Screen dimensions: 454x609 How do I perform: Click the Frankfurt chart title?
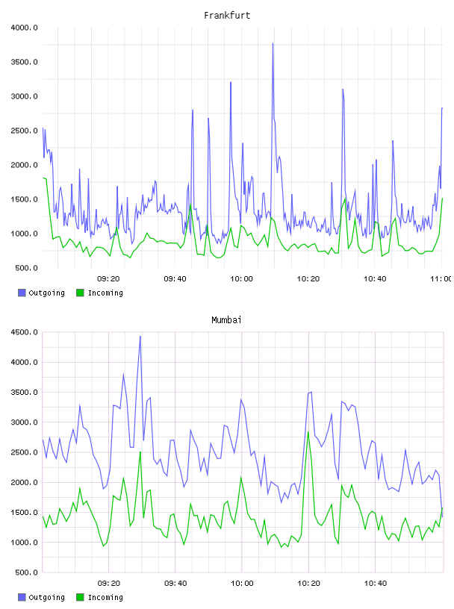[227, 16]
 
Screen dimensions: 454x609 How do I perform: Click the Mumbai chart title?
[226, 320]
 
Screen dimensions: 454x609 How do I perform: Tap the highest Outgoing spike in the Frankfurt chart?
[273, 44]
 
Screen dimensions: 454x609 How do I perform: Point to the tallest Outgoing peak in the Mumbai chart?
[140, 337]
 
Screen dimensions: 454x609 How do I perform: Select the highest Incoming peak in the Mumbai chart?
[308, 432]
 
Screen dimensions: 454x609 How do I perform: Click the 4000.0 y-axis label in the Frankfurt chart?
[24, 28]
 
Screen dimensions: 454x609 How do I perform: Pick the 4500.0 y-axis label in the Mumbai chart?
[24, 332]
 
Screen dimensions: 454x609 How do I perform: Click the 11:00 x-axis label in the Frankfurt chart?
[441, 279]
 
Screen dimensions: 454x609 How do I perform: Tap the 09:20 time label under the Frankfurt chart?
[108, 279]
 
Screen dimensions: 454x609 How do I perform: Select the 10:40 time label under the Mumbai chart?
[376, 584]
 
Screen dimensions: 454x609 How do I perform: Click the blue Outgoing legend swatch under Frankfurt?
[22, 293]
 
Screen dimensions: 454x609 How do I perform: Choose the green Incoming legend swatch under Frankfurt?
[80, 293]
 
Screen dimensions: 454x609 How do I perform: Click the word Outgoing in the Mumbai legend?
[46, 597]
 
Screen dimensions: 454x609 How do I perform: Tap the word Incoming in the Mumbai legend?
[105, 597]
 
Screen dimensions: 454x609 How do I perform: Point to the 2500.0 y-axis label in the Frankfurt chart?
[24, 131]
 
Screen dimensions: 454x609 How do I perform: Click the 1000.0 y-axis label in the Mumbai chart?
[24, 543]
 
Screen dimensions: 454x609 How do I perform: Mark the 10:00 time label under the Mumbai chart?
[242, 584]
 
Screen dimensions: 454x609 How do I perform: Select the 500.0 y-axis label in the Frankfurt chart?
[26, 268]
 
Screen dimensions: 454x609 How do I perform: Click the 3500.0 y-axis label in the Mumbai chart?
[24, 393]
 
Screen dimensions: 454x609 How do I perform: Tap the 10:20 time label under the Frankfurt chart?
[308, 279]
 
